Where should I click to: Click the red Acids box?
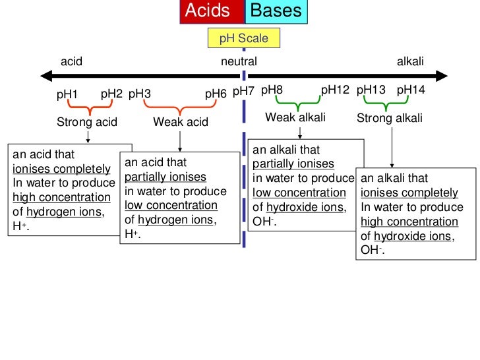pos(212,12)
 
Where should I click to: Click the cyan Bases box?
pos(276,12)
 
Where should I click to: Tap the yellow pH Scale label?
pos(243,38)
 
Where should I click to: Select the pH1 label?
pos(67,95)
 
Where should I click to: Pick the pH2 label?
pos(111,94)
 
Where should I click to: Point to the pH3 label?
pos(140,94)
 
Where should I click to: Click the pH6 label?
pos(216,94)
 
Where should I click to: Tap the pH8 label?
pos(272,90)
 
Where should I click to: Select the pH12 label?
pos(334,90)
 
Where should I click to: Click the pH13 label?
pos(371,90)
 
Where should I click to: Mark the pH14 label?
pos(411,90)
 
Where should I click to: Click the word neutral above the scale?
pos(239,61)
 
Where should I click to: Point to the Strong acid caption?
pos(87,122)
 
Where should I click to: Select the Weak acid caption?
pos(181,122)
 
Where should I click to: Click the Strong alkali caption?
pos(390,119)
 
